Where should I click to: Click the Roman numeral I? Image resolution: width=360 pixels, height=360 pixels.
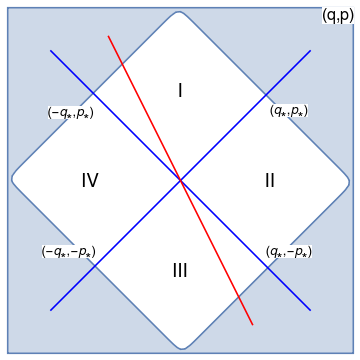click(180, 91)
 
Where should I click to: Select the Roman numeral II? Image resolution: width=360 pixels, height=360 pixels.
click(270, 181)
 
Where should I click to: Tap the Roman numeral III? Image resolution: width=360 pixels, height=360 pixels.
click(180, 271)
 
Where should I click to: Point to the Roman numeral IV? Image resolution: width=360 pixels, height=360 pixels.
click(90, 181)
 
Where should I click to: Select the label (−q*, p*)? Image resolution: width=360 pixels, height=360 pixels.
click(70, 113)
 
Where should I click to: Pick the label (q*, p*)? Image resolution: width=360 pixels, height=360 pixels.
click(288, 111)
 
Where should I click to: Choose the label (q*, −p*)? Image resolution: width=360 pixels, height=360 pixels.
click(288, 252)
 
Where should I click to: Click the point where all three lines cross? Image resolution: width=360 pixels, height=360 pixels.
click(180, 180)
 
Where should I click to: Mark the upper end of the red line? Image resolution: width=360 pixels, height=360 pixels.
click(108, 37)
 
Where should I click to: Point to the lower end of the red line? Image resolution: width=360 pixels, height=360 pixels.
click(252, 324)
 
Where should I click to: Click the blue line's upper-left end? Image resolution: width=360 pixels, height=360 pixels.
click(51, 50)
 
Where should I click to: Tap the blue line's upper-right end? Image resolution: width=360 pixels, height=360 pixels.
click(310, 50)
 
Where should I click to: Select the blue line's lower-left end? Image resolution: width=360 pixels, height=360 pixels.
click(51, 310)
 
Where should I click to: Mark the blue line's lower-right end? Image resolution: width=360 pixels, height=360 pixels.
click(310, 310)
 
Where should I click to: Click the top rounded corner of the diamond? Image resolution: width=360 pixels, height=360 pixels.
click(180, 13)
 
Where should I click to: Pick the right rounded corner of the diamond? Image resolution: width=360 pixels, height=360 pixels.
click(348, 180)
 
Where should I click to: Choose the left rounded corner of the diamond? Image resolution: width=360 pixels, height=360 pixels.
click(13, 180)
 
